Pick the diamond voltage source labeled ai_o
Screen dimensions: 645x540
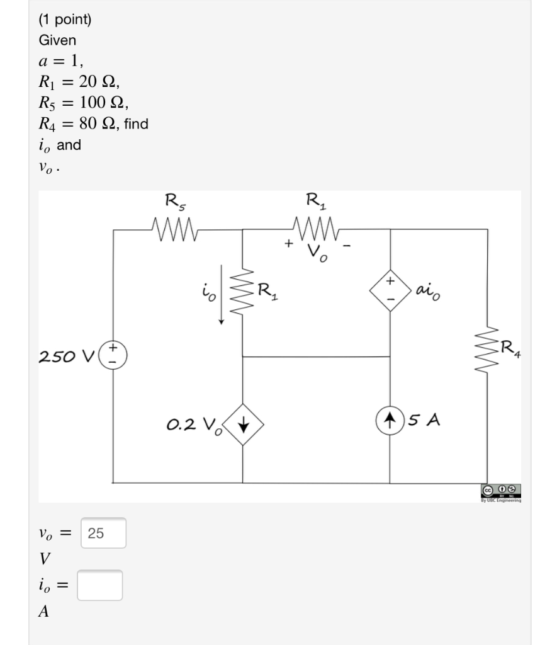pyautogui.click(x=390, y=289)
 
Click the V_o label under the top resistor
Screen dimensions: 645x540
pyautogui.click(x=316, y=253)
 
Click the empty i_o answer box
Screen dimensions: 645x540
pyautogui.click(x=100, y=585)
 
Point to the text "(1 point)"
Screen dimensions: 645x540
pyautogui.click(x=65, y=20)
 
